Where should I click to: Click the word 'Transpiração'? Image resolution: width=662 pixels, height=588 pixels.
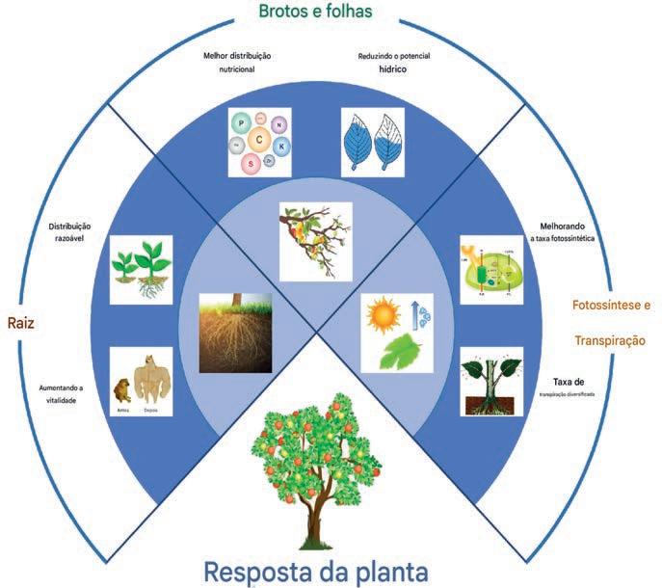[610, 341]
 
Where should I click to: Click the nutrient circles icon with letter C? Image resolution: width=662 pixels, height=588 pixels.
[257, 141]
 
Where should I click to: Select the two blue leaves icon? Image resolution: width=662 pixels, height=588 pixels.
[372, 141]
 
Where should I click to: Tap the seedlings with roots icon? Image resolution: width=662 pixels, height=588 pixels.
[141, 270]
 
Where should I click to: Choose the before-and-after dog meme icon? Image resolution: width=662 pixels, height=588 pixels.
[141, 380]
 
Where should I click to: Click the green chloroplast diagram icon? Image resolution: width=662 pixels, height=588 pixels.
[490, 270]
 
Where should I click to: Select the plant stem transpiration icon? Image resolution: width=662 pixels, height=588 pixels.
[490, 380]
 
